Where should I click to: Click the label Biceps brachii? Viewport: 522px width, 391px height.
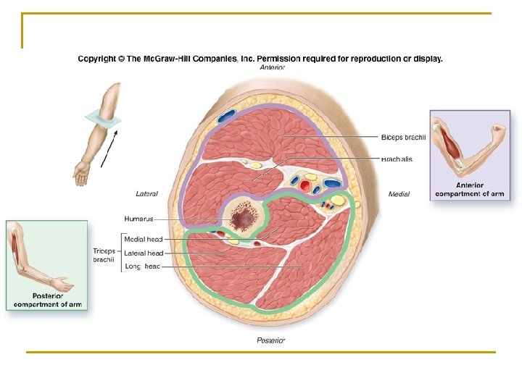pyautogui.click(x=403, y=137)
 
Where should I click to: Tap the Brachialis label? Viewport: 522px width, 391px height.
pyautogui.click(x=397, y=159)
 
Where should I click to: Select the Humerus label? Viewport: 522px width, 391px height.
pyautogui.click(x=139, y=219)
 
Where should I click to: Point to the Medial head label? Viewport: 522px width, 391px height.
pyautogui.click(x=143, y=240)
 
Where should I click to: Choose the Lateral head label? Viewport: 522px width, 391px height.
pyautogui.click(x=144, y=253)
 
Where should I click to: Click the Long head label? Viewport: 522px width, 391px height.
pyautogui.click(x=144, y=266)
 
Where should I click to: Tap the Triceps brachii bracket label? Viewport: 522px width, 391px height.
pyautogui.click(x=104, y=255)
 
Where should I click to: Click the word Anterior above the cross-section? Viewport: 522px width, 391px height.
pyautogui.click(x=273, y=67)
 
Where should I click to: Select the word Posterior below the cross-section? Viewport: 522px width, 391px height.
pyautogui.click(x=271, y=340)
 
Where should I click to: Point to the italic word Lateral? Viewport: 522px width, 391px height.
pyautogui.click(x=146, y=193)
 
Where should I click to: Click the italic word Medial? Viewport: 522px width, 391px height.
pyautogui.click(x=399, y=193)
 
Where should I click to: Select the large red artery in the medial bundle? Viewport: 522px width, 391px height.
pyautogui.click(x=305, y=186)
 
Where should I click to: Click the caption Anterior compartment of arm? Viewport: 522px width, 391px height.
pyautogui.click(x=469, y=190)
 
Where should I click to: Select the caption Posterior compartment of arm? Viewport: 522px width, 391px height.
pyautogui.click(x=46, y=300)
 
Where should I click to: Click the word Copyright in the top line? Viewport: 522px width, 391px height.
pyautogui.click(x=101, y=59)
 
